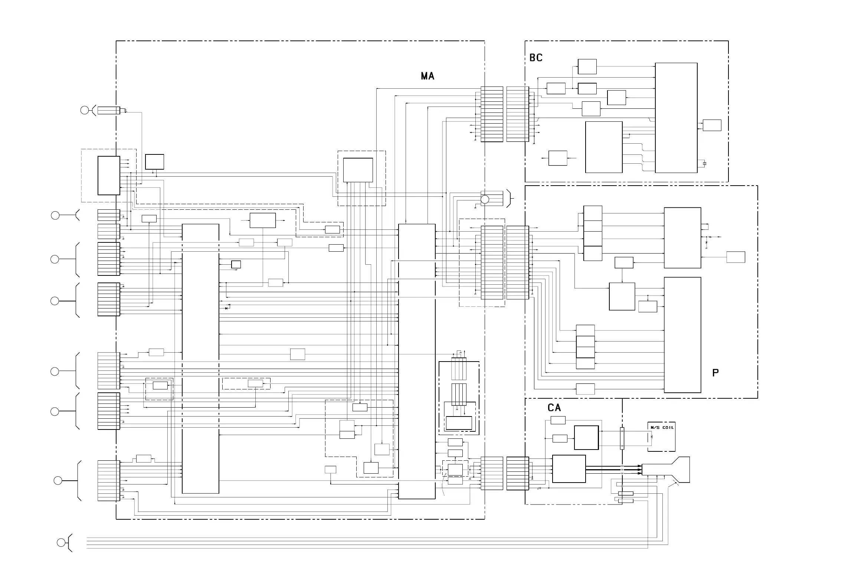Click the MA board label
coord(427,76)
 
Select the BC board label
coord(535,58)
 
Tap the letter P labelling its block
coord(715,373)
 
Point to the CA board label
coord(554,408)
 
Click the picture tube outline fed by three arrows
coord(666,470)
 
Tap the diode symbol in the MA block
coord(227,308)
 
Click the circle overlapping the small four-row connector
coord(485,199)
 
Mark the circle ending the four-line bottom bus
coord(61,542)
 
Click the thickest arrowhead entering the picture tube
coord(639,470)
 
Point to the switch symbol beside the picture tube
coord(674,483)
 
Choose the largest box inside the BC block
coord(676,118)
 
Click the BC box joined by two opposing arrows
coord(557,158)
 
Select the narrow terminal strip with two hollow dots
coord(622,438)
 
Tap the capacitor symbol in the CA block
coord(539,488)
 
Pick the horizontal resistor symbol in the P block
coord(710,236)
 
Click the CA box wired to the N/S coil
coord(586,438)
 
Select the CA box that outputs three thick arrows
coord(569,469)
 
